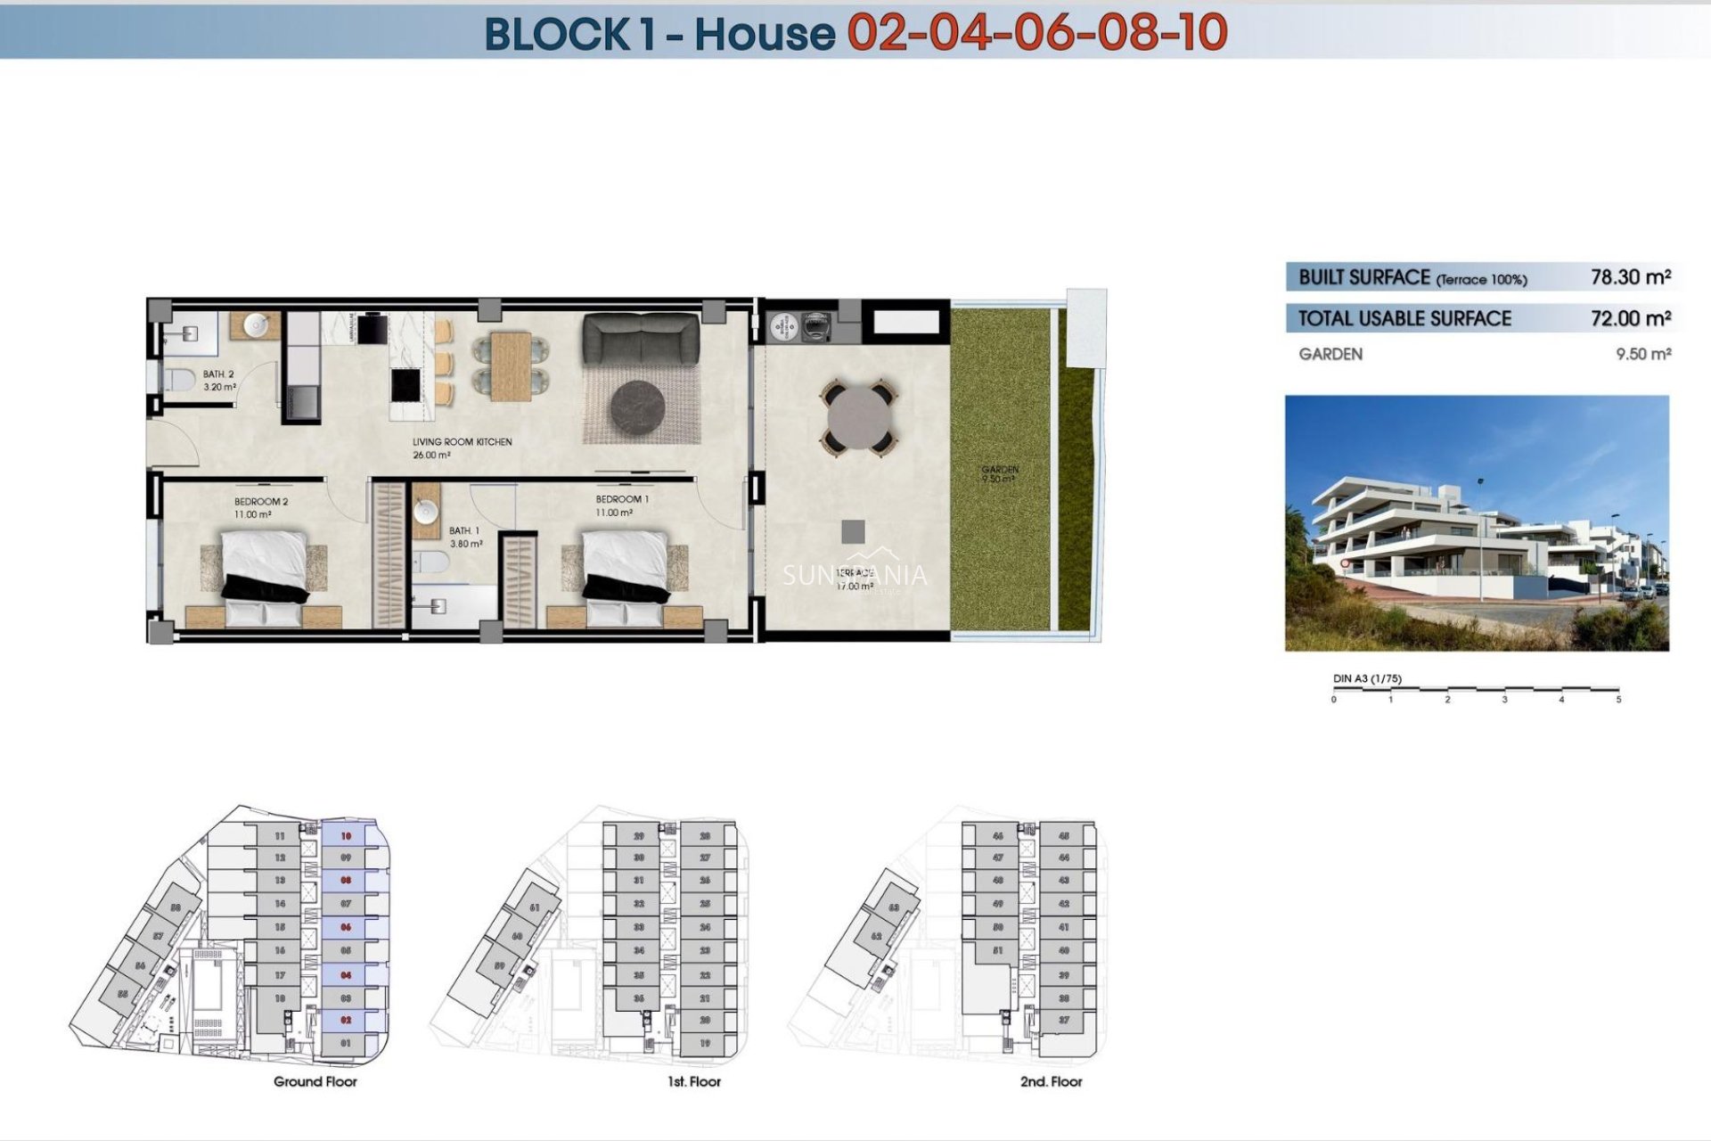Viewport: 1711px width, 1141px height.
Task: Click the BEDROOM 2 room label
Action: (261, 502)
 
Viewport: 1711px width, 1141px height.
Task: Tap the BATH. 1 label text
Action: (464, 531)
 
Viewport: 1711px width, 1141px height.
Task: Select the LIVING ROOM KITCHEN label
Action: (462, 442)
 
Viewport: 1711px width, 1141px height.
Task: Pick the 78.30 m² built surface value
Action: (1630, 277)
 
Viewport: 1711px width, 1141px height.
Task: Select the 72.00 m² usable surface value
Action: (1630, 318)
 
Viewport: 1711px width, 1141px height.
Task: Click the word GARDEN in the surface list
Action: (1330, 354)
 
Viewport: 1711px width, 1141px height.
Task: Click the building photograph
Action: (1477, 523)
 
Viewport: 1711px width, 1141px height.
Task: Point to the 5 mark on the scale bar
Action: (1618, 700)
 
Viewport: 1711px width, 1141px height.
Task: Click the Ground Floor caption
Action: (315, 1081)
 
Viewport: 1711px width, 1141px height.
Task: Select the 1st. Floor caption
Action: (694, 1081)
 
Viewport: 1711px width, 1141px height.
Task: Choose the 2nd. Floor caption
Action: (1051, 1081)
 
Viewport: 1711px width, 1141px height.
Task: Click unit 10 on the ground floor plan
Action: (347, 836)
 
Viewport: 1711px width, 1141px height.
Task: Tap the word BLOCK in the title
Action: (556, 34)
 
